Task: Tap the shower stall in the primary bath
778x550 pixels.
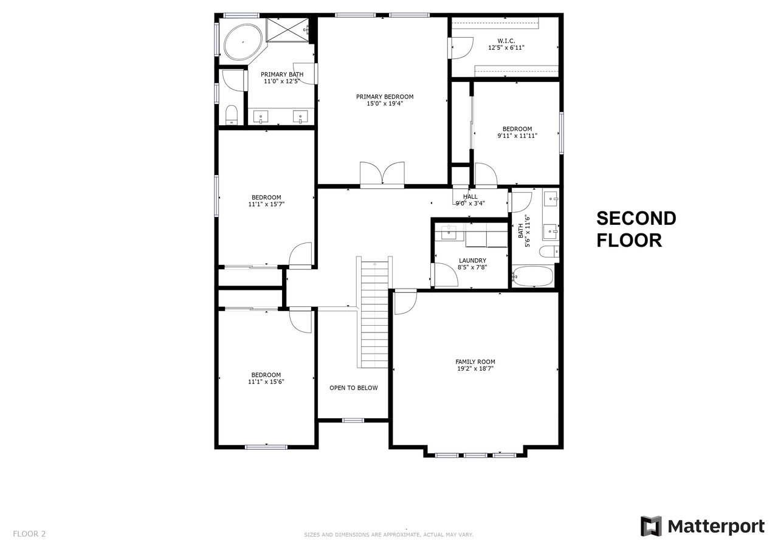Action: click(287, 30)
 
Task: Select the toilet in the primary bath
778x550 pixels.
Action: click(232, 115)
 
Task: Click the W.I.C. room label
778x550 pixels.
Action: click(506, 41)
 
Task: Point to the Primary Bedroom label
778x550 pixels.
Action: click(385, 97)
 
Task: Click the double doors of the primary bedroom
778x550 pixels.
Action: click(382, 174)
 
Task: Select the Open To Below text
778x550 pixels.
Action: click(354, 388)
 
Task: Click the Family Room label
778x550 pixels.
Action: click(475, 362)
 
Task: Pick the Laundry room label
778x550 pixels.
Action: click(472, 261)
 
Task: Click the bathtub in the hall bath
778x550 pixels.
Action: click(532, 277)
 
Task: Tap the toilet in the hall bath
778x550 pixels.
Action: click(549, 252)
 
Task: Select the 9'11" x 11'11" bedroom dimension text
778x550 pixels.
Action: click(517, 136)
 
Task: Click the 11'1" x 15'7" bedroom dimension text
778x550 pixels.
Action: click(266, 204)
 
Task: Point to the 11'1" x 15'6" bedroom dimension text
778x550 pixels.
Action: click(266, 382)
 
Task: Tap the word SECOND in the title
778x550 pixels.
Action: click(636, 218)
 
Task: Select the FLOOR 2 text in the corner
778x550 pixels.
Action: click(29, 534)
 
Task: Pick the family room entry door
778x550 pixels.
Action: click(405, 301)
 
